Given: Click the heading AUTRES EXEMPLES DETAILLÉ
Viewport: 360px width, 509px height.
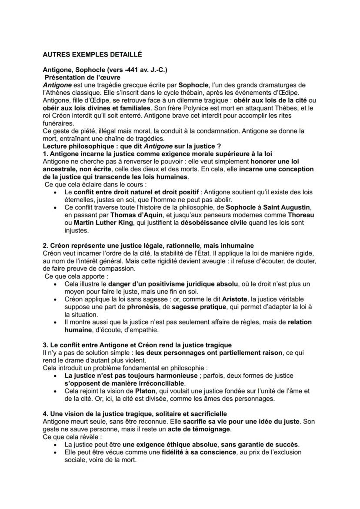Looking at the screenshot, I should pyautogui.click(x=92, y=55).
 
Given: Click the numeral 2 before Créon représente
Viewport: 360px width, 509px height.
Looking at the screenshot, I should pyautogui.click(x=45, y=246).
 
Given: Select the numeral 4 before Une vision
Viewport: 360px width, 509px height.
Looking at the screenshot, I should pyautogui.click(x=45, y=413).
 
